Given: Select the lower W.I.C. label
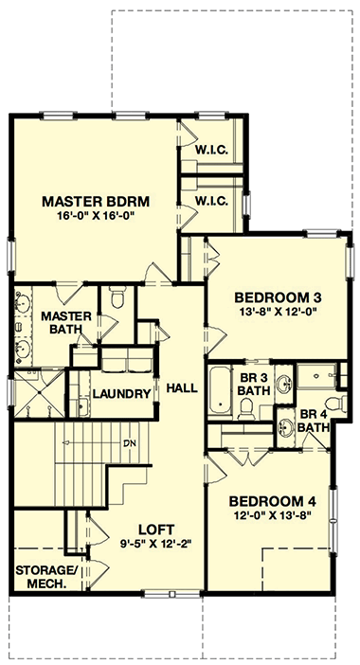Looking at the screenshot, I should coord(208,201).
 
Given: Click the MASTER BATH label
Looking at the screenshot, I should coord(65,322).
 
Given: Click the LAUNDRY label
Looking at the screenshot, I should coord(121,393).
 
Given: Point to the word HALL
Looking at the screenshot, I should coord(181,388).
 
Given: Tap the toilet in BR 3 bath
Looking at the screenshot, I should coord(246,408).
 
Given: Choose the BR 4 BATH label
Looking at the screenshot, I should coord(315,421).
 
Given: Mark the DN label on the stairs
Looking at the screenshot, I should coord(130,443).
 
